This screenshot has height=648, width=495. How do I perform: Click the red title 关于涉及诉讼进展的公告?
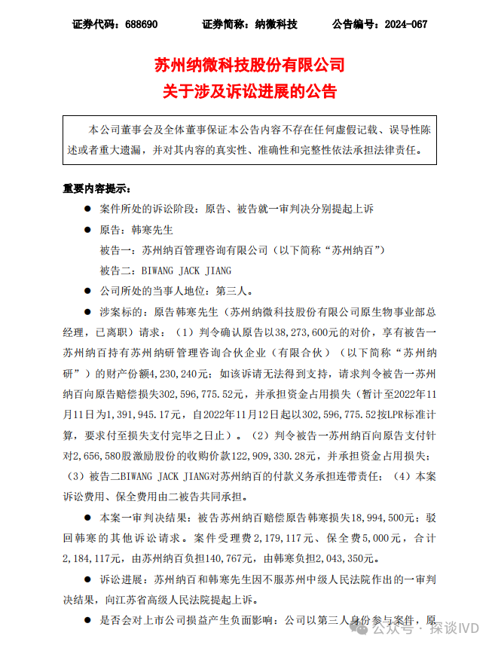point(249,92)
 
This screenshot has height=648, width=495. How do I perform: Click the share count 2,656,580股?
point(98,456)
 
